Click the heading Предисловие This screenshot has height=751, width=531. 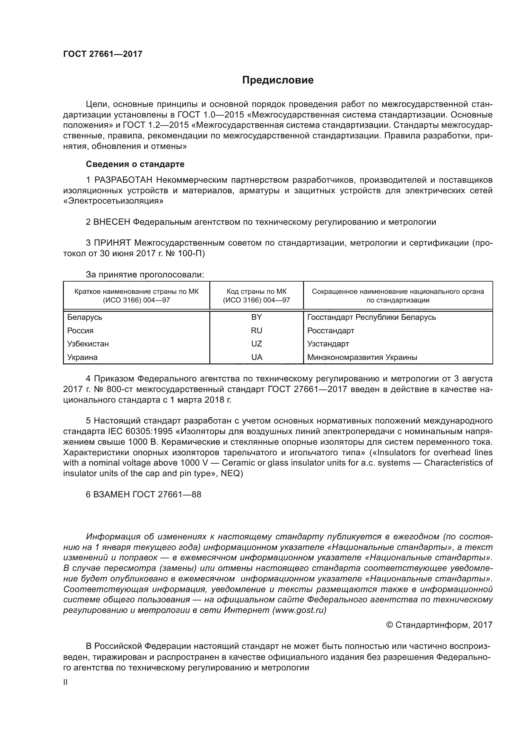click(x=278, y=80)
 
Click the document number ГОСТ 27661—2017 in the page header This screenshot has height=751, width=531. click(x=103, y=54)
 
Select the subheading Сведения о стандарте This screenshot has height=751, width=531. click(x=135, y=164)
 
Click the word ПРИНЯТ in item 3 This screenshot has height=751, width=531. click(x=112, y=243)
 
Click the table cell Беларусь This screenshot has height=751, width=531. click(x=85, y=317)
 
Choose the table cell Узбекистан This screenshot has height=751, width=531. click(x=88, y=344)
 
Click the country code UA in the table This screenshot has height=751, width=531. click(x=257, y=357)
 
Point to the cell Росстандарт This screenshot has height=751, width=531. click(x=331, y=331)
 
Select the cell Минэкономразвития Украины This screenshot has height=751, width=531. click(x=362, y=357)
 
